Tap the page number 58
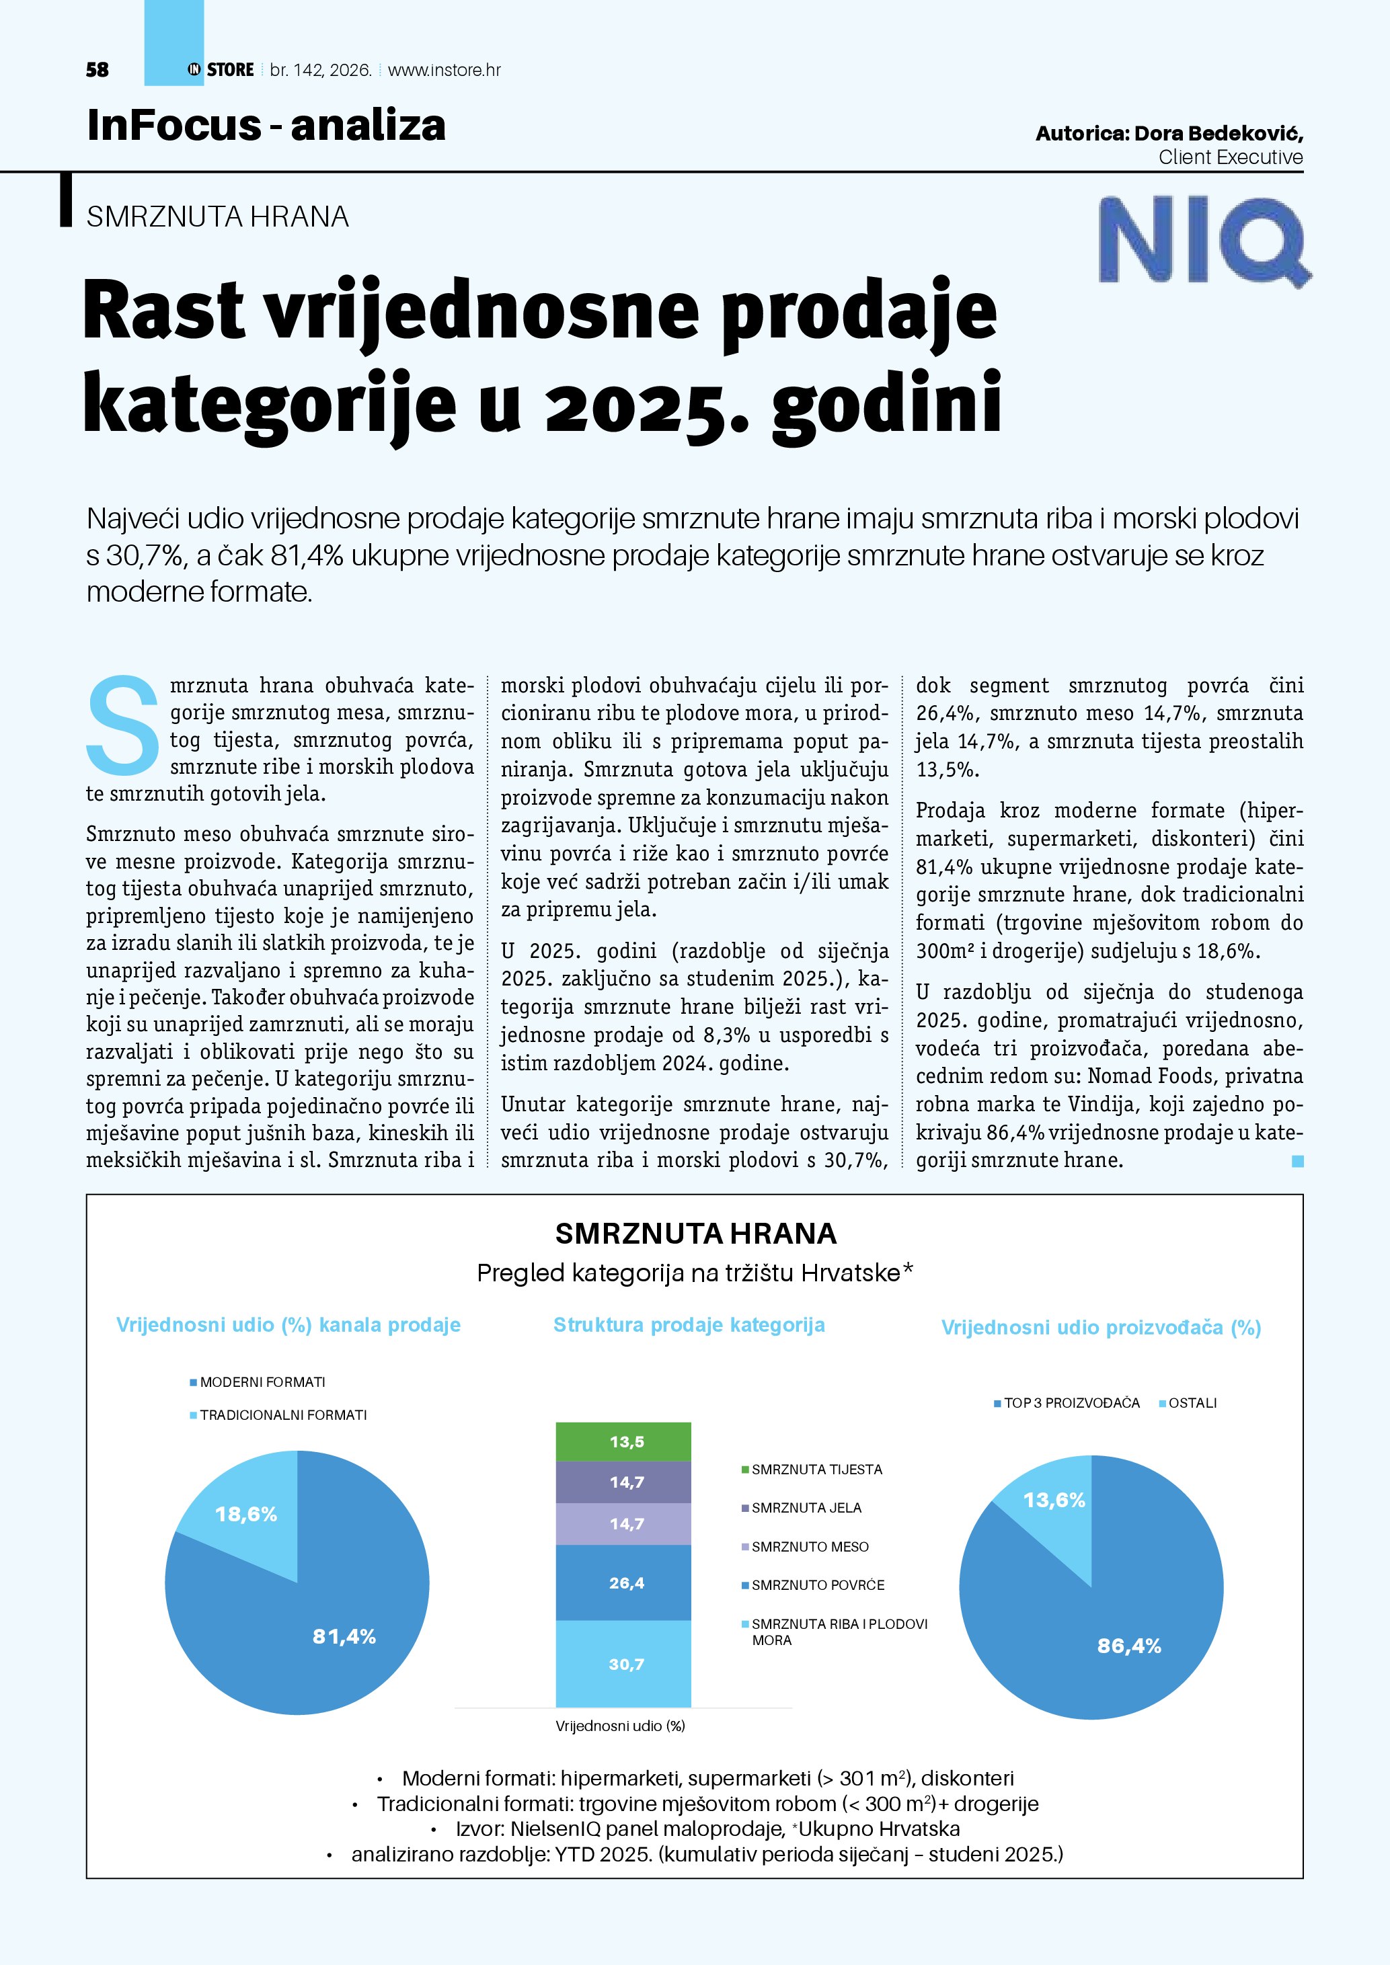98,70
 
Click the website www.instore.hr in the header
445,70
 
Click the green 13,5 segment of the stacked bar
623,1442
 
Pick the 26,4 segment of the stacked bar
623,1583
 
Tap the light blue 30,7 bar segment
623,1665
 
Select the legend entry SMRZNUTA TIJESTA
816,1470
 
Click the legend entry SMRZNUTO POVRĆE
818,1585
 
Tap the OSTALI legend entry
1192,1403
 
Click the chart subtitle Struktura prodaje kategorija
689,1325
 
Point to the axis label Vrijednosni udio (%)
621,1726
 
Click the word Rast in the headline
163,311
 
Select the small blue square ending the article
1298,1162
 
